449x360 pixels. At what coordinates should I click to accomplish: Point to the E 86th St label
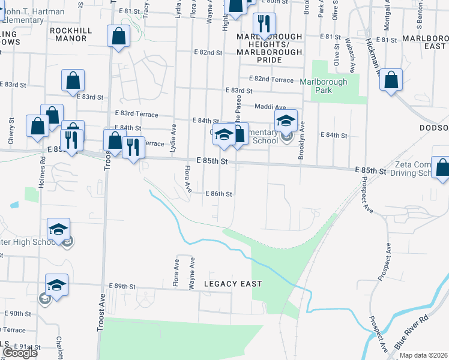(x=218, y=194)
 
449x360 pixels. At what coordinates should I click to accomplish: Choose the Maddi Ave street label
(x=270, y=107)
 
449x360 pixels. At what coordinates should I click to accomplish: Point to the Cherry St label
(x=11, y=133)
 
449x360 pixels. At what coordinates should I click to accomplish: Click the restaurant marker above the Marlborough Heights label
(x=264, y=25)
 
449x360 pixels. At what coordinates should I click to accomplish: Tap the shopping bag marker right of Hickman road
(x=391, y=80)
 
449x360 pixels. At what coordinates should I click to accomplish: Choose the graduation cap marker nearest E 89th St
(x=56, y=285)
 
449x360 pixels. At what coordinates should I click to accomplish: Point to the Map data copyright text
(x=424, y=355)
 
